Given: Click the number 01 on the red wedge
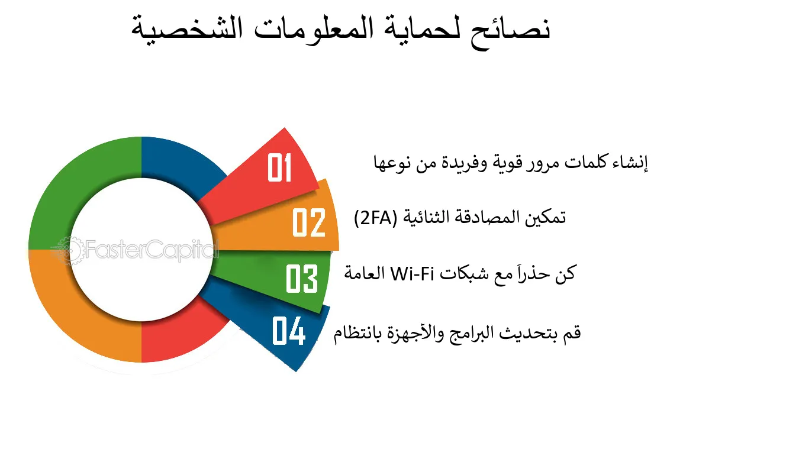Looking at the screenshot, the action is tap(279, 167).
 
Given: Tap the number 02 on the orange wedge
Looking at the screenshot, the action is tap(309, 222).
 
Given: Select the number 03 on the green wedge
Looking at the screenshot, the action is tap(302, 279).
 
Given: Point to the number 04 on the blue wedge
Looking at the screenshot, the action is tap(289, 331).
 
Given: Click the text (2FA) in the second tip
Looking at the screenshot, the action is tap(375, 218).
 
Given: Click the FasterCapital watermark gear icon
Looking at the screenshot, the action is tap(69, 250).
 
